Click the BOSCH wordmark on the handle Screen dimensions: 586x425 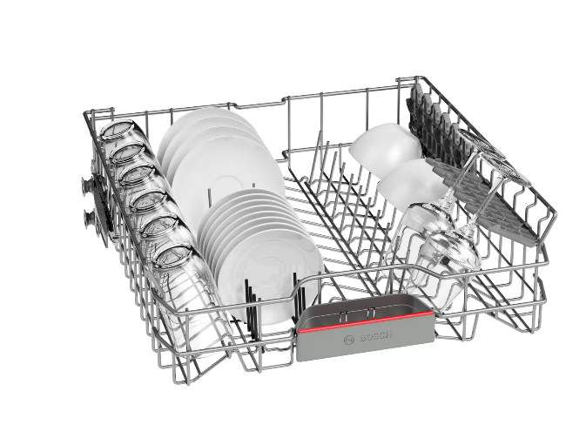click(375, 336)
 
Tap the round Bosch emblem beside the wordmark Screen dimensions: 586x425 click(349, 340)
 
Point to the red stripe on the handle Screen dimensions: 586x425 click(366, 320)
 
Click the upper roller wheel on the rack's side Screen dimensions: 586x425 click(88, 185)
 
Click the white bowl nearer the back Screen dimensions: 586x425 click(385, 145)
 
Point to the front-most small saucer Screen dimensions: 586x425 click(269, 277)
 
